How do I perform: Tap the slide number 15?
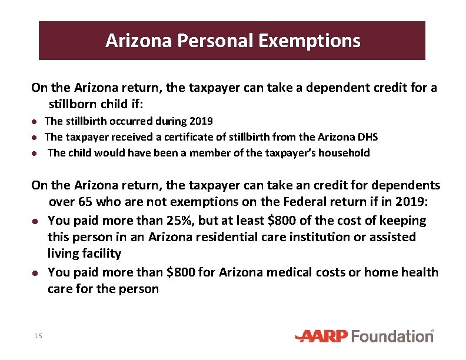(x=38, y=336)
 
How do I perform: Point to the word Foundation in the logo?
(x=392, y=336)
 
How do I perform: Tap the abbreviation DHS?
(x=367, y=137)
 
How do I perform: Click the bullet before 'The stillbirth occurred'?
(x=35, y=121)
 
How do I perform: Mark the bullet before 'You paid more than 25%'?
(x=35, y=221)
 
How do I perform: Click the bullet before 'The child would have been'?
(x=35, y=153)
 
